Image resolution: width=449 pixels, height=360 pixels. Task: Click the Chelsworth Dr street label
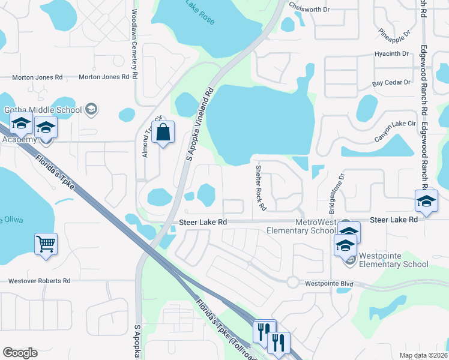click(x=310, y=10)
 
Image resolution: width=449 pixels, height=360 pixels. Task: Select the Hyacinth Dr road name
click(x=391, y=54)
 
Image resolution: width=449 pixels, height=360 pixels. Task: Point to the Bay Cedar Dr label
click(x=391, y=82)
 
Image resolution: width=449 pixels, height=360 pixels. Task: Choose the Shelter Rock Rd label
click(x=261, y=187)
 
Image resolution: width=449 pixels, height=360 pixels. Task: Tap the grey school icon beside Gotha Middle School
click(x=91, y=109)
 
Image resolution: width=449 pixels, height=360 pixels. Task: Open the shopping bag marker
click(x=163, y=132)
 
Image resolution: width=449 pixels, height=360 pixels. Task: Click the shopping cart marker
click(x=46, y=244)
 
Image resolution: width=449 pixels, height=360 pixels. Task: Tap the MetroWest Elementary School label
click(x=316, y=226)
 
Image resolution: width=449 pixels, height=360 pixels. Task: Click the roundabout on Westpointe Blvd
click(x=294, y=282)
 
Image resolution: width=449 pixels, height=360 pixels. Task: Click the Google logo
click(x=20, y=353)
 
